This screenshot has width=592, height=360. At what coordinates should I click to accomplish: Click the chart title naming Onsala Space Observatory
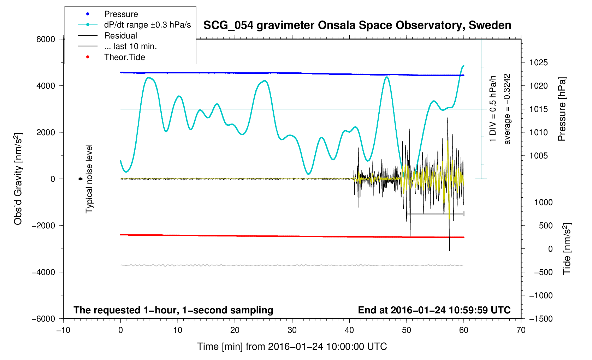(357, 25)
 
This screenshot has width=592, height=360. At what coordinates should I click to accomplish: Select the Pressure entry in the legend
(121, 14)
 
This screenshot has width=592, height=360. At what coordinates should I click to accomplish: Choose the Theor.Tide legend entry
(124, 57)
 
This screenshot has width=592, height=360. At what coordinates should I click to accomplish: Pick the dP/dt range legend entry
(147, 25)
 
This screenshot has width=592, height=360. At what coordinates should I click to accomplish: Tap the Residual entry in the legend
(120, 36)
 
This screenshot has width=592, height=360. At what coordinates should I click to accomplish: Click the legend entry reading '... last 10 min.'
(130, 46)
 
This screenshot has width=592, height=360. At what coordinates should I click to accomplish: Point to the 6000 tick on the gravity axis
(46, 39)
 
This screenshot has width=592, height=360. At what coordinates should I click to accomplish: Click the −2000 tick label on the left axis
(43, 226)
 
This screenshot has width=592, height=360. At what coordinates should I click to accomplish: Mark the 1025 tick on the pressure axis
(538, 62)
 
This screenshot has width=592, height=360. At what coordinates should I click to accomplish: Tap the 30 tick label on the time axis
(292, 330)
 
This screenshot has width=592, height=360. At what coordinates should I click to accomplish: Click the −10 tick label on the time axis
(63, 330)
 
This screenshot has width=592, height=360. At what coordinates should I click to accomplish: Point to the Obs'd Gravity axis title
(18, 179)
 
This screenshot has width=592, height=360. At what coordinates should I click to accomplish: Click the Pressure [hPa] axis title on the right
(562, 109)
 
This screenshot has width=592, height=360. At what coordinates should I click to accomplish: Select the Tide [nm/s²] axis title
(567, 249)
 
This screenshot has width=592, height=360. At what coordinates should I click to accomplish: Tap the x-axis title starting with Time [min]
(292, 347)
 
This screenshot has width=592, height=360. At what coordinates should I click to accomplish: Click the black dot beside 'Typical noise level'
(80, 179)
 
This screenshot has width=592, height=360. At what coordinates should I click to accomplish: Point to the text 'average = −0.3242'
(507, 109)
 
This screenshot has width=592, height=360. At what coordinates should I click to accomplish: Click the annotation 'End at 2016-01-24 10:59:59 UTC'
(434, 310)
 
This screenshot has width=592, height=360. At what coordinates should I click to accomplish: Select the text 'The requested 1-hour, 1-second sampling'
(173, 310)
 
